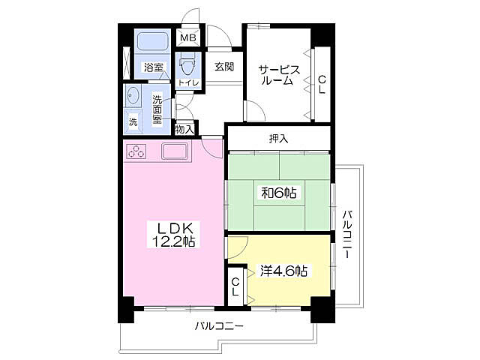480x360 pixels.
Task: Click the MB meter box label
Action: (x=188, y=38)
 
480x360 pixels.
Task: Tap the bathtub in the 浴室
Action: (x=152, y=42)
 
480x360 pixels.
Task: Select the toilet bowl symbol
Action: (x=187, y=64)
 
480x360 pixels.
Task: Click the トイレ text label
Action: (x=188, y=82)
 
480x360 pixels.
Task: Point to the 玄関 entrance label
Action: (x=224, y=67)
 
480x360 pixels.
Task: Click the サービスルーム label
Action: (x=279, y=75)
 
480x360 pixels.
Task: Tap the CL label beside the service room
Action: (x=322, y=85)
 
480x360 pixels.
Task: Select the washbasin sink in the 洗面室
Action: (x=132, y=95)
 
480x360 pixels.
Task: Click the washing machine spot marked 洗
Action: (x=133, y=122)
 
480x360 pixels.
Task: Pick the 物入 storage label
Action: (x=184, y=130)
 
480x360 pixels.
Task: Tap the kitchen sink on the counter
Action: (x=175, y=151)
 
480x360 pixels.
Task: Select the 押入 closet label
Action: (x=278, y=139)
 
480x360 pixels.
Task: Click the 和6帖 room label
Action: (x=278, y=193)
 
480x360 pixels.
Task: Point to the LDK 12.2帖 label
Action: (x=174, y=235)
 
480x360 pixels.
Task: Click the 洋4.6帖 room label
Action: (x=283, y=271)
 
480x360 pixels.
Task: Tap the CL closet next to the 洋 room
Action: (x=235, y=286)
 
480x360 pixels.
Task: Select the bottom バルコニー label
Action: (x=219, y=325)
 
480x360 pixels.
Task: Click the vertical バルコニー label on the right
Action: (x=346, y=234)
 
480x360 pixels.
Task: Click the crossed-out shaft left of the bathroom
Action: (x=126, y=62)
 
